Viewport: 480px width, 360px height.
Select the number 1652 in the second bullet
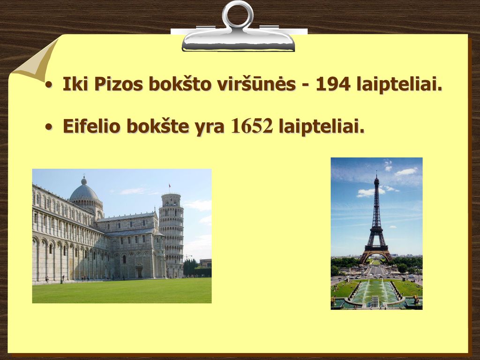click(252, 126)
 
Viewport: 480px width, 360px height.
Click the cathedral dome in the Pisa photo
click(84, 191)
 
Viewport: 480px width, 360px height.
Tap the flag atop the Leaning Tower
click(170, 186)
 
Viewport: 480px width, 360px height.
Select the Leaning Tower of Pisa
click(172, 235)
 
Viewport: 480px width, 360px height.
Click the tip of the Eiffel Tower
click(376, 172)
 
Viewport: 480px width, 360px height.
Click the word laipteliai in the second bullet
click(322, 126)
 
